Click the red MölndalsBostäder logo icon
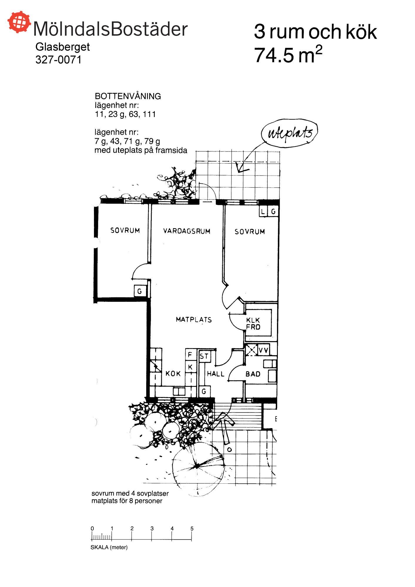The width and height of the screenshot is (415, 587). coord(19,22)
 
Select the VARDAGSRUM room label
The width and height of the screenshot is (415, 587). coord(187,231)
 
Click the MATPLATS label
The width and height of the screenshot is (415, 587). coord(194,320)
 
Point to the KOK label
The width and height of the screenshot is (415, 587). coord(173,374)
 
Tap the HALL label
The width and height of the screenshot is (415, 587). coord(216,374)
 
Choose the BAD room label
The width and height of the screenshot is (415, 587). coord(253,374)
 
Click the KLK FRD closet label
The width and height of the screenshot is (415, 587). coord(253,323)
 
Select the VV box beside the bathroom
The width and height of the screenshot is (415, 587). coord(263,350)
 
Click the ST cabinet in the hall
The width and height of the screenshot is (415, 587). coord(204,356)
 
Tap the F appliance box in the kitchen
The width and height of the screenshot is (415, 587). coord(190,355)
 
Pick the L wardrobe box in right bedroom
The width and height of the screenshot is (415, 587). coord(263,211)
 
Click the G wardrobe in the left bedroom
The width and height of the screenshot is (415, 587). coord(140,291)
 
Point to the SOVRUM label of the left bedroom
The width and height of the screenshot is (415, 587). coord(125,230)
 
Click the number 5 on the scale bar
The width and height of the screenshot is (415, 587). coord(192,528)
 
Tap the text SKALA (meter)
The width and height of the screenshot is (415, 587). coord(109,547)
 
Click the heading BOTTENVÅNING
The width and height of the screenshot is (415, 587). coord(128,96)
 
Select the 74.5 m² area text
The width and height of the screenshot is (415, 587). coord(288,55)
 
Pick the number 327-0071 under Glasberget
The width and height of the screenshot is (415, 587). coord(58,60)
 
